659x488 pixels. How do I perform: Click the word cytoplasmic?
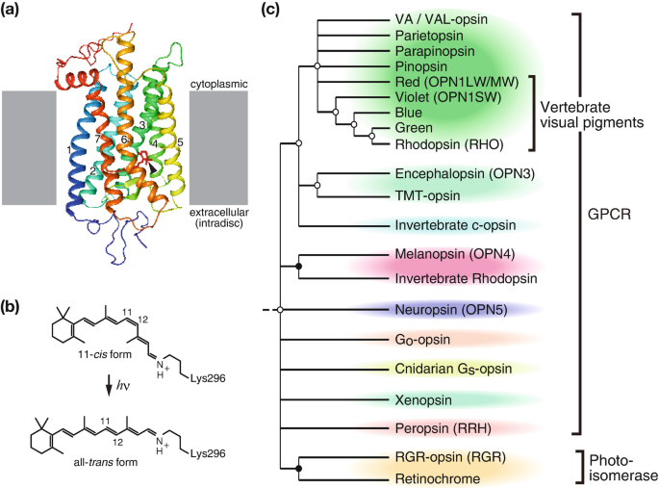(217, 85)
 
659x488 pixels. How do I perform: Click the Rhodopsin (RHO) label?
(448, 142)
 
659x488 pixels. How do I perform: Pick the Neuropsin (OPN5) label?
(445, 310)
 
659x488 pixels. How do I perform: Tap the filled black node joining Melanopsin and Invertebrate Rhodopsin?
(299, 265)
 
